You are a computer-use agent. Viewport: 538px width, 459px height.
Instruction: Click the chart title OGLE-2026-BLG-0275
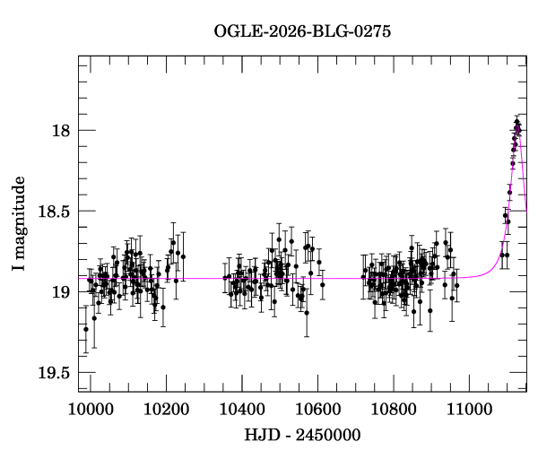click(302, 32)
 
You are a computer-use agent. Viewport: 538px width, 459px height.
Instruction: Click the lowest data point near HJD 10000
click(86, 329)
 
